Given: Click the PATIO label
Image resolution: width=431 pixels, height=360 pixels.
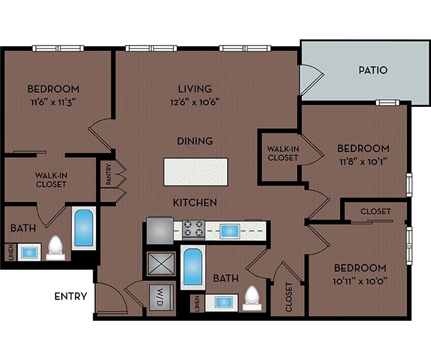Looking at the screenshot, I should pos(372,70).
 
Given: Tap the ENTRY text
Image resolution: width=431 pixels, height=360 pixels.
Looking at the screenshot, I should pos(71,296).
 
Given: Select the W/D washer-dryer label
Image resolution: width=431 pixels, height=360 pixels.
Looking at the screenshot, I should pos(156,296).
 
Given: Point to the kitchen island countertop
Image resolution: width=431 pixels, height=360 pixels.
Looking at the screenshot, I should pos(195,172).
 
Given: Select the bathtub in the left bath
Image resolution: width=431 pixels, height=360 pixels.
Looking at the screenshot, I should pos(83,227).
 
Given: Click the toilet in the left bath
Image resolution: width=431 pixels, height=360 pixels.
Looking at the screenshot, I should pos(56,247).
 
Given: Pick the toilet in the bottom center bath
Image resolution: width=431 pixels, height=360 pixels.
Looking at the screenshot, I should pos(252,296).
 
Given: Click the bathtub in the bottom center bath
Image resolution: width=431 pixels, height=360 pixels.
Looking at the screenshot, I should pos(191,267).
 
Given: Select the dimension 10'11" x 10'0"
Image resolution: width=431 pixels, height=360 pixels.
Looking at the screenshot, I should pos(360,280).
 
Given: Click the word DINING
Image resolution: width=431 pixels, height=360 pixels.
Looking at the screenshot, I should pos(195,141).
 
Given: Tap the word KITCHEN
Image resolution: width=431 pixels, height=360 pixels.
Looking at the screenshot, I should pos(196,202).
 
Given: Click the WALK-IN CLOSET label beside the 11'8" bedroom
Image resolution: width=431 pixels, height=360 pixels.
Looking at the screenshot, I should pos(282,153).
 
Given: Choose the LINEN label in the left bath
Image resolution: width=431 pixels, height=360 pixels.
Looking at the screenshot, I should pos(9,251).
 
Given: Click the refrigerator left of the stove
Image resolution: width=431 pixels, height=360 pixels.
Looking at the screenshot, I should pos(158,229).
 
